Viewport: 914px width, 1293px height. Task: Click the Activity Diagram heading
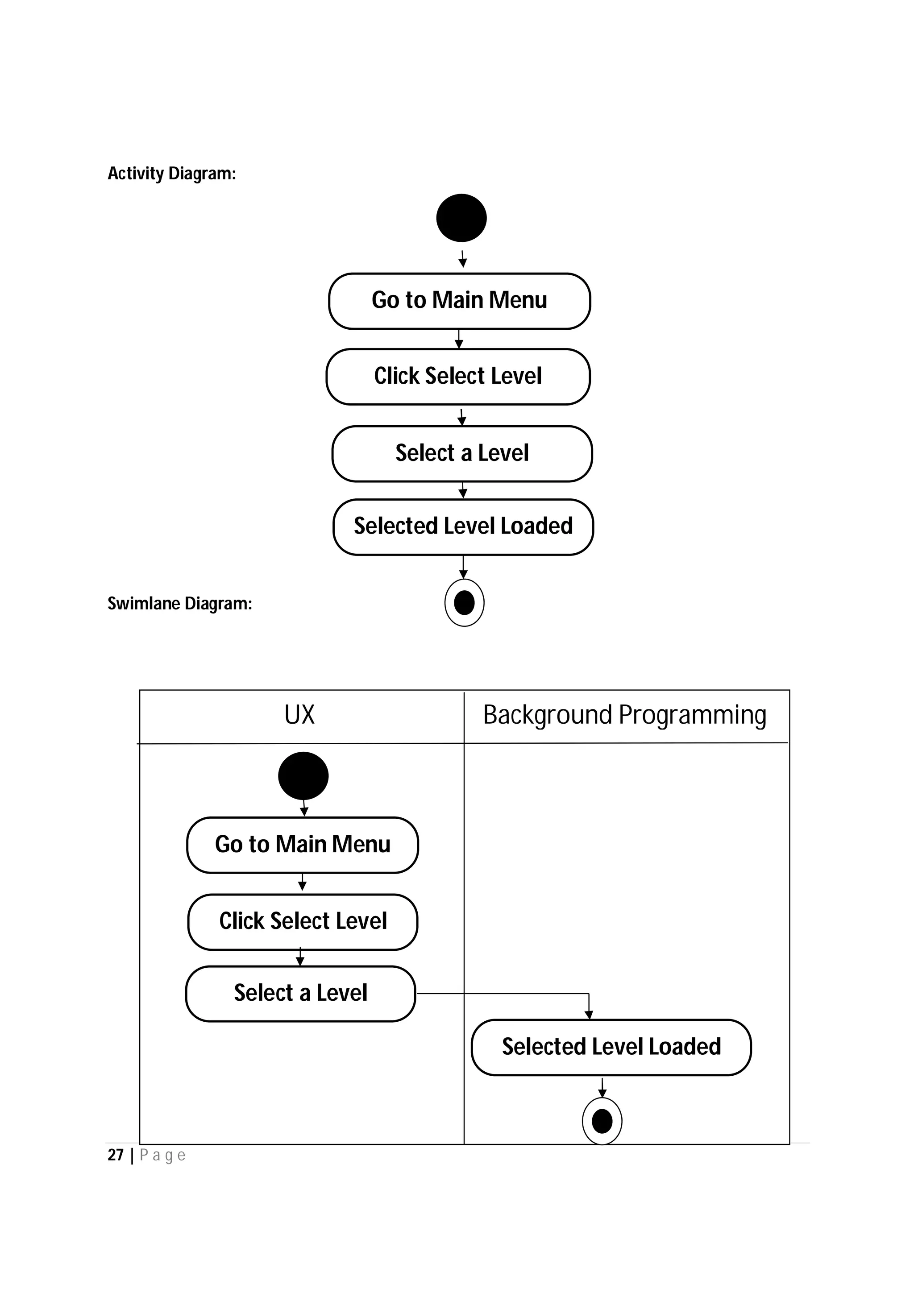coord(172,174)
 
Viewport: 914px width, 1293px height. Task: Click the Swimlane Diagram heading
coord(180,604)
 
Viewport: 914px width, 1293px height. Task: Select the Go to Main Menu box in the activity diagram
coord(460,301)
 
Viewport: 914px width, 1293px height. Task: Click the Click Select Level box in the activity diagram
coord(458,376)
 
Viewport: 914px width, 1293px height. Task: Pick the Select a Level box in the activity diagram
coord(462,453)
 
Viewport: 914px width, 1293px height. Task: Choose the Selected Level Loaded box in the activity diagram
coord(463,526)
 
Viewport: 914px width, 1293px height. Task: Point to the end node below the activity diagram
coord(464,603)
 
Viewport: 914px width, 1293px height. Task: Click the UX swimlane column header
coord(299,715)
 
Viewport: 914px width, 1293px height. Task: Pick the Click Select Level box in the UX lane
coord(303,921)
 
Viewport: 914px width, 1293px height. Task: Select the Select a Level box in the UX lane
coord(300,994)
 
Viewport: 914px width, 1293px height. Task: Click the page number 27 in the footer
coord(116,1155)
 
